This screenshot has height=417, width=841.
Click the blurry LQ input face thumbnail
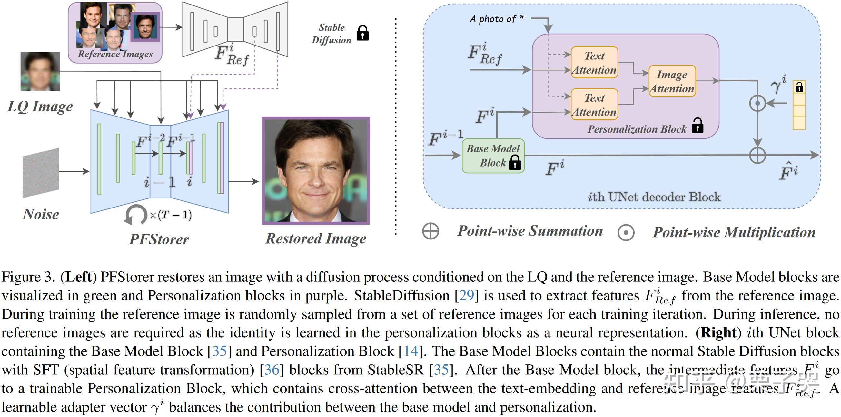(40, 71)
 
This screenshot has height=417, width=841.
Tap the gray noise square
(41, 173)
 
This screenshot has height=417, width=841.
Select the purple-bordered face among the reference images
(145, 27)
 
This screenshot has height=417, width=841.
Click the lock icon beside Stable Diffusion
(362, 33)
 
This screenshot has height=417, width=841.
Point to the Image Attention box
(672, 81)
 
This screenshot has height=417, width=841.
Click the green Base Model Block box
(493, 156)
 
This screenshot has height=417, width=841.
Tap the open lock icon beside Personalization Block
(698, 126)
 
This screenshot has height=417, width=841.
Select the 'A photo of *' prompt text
(497, 19)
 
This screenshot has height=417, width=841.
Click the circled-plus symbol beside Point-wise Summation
(430, 231)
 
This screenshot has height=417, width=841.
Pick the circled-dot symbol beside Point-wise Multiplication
(626, 233)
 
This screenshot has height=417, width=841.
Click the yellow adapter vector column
(799, 105)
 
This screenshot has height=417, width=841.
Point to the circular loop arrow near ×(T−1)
(135, 215)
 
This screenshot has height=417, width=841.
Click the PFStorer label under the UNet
(159, 239)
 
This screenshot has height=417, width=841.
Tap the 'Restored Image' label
(316, 239)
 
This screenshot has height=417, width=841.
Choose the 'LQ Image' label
(40, 107)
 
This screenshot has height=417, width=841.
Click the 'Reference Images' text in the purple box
(115, 54)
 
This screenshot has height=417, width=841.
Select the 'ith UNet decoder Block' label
(654, 197)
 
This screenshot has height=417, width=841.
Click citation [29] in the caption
(467, 296)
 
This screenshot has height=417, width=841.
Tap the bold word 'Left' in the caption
(78, 277)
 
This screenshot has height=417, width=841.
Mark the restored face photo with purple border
(316, 171)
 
